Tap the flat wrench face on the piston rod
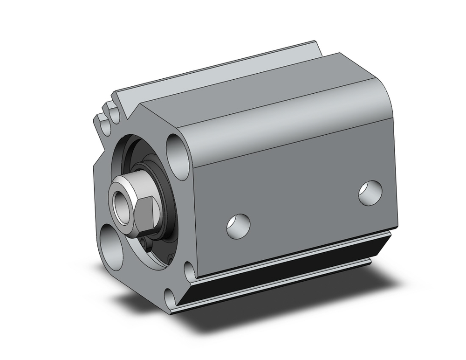148,214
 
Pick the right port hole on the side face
370,192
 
